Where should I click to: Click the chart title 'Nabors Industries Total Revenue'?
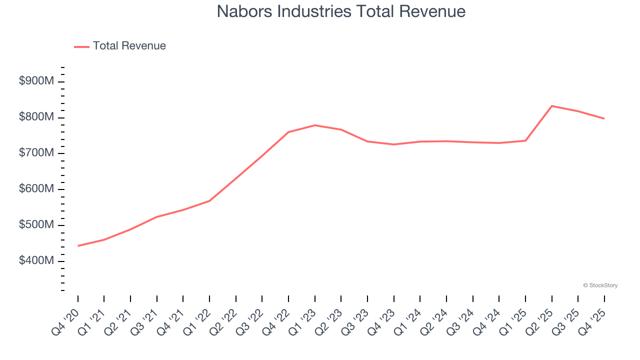tap(341, 11)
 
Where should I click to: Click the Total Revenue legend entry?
tap(120, 46)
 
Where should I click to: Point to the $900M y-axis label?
tap(36, 81)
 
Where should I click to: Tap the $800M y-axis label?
tap(36, 117)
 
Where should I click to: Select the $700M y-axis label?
tap(36, 153)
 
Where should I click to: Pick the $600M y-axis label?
tap(36, 189)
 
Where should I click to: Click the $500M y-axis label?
tap(36, 225)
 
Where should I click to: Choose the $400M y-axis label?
tap(36, 261)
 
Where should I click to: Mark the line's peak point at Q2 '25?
tap(551, 106)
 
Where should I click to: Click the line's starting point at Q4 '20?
tap(78, 246)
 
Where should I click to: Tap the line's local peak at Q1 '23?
tap(314, 125)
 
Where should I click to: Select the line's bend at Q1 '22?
tap(209, 201)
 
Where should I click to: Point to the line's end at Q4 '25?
tap(604, 118)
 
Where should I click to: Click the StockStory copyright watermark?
tap(600, 285)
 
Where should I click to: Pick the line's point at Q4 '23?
tap(393, 144)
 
